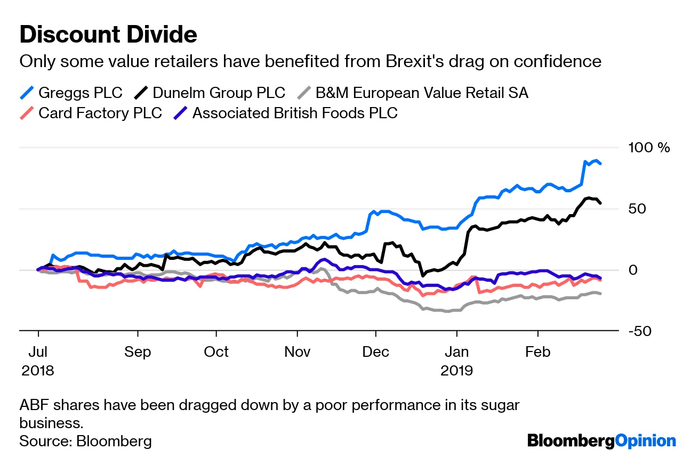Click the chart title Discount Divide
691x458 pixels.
point(108,35)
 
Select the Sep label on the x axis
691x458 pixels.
point(138,352)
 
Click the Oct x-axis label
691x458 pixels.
point(216,352)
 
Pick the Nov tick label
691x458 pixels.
point(298,352)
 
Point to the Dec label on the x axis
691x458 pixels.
point(376,352)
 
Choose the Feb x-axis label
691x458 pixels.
point(537,352)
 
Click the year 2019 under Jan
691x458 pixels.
point(457,370)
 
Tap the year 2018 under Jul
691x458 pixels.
point(38,370)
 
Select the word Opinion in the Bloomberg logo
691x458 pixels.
point(646,440)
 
